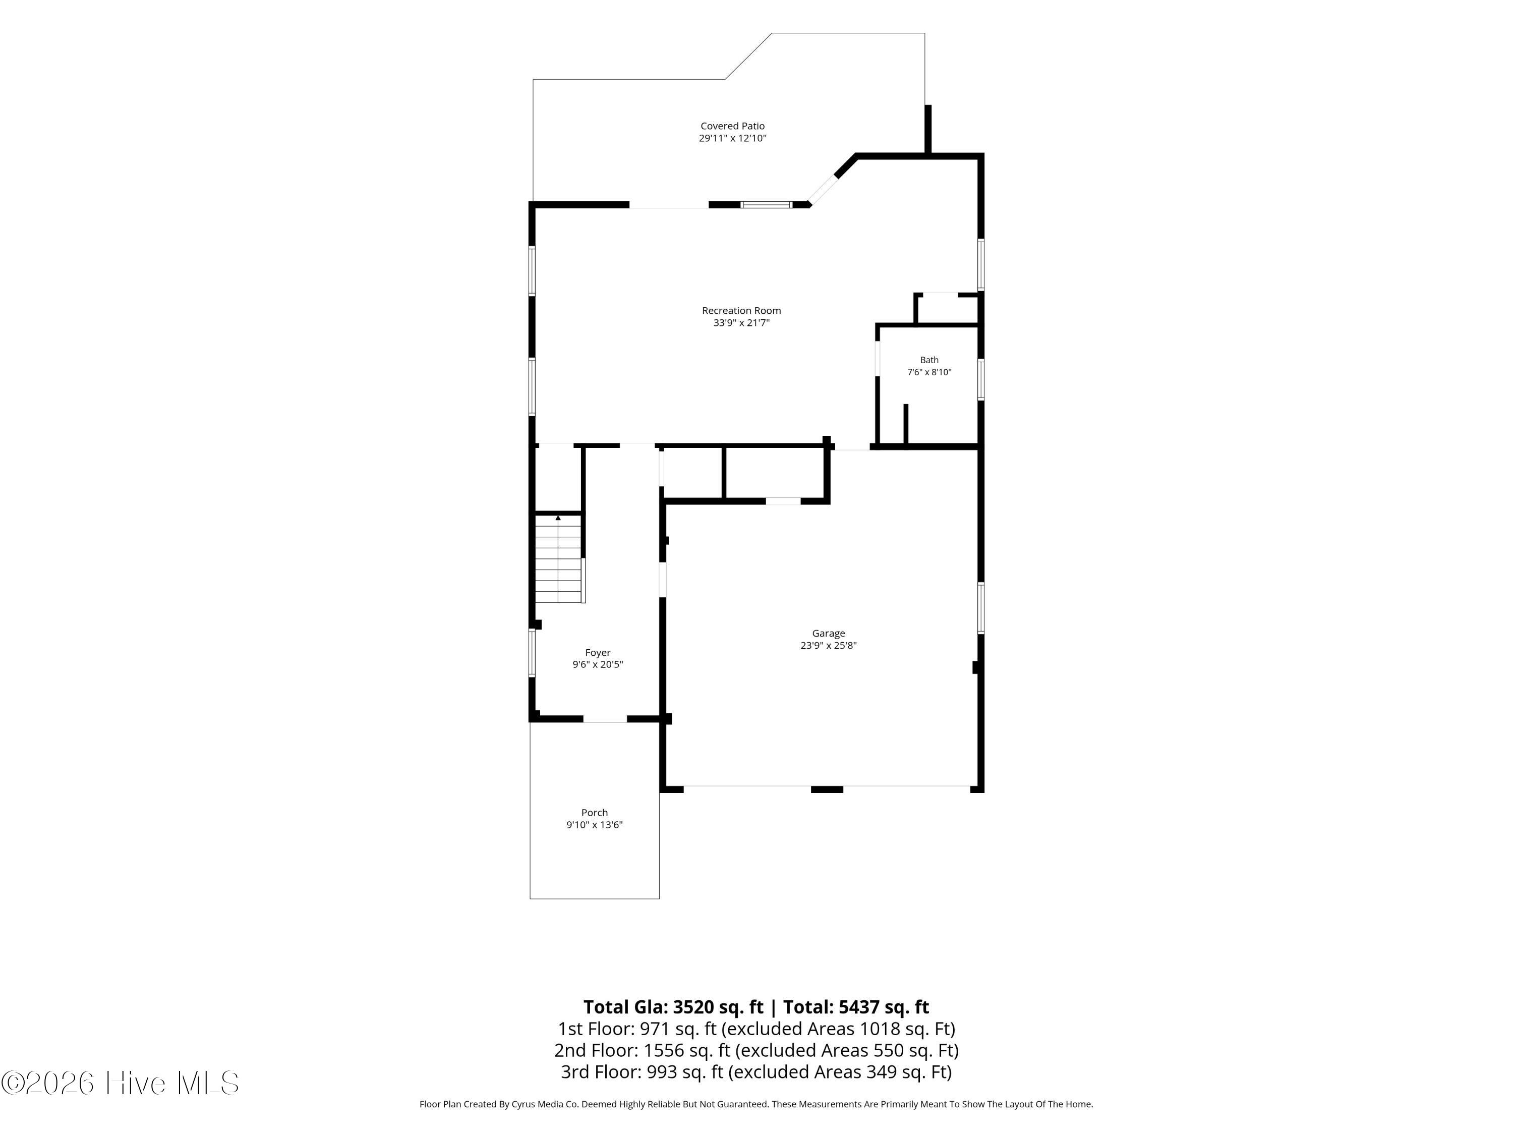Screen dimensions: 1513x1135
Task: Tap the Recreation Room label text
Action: click(741, 311)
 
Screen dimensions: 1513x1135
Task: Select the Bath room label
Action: click(929, 360)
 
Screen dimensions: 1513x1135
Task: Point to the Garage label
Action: click(828, 634)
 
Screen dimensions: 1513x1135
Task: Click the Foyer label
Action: click(598, 653)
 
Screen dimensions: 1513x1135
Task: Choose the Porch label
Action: click(595, 813)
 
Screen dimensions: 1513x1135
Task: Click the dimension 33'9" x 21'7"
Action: click(741, 323)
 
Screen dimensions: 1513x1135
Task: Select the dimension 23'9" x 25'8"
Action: click(828, 645)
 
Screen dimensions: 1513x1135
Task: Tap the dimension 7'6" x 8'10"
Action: click(929, 372)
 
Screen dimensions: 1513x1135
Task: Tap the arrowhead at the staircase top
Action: click(558, 518)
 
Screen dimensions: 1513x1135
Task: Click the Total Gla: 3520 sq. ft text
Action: click(673, 1007)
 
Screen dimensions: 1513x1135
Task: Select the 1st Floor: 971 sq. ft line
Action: click(756, 1029)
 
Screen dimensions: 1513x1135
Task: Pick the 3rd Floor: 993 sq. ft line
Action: click(756, 1071)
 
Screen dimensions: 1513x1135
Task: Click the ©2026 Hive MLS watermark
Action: click(121, 1083)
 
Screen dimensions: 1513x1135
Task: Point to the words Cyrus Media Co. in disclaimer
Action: click(545, 1104)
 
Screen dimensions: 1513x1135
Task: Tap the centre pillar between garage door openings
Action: click(827, 789)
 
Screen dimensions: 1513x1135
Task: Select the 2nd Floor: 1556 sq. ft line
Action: click(756, 1050)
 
